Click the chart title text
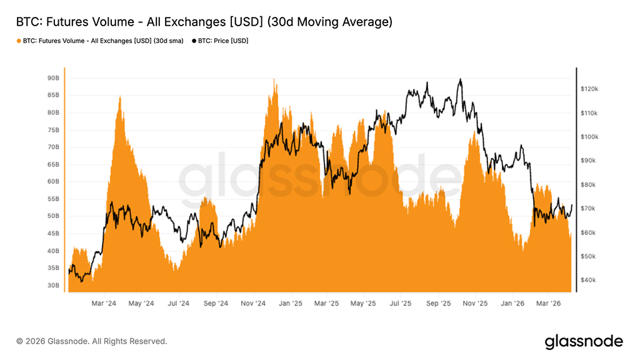204,22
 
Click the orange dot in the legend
19,41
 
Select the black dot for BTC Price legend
193,41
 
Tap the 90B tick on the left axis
53,78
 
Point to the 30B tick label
53,285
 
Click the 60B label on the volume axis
53,182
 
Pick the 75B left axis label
53,130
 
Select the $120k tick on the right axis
589,89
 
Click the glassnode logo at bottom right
584,341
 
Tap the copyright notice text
92,341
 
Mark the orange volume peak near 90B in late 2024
274,79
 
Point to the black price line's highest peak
461,79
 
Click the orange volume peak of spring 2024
119,97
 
